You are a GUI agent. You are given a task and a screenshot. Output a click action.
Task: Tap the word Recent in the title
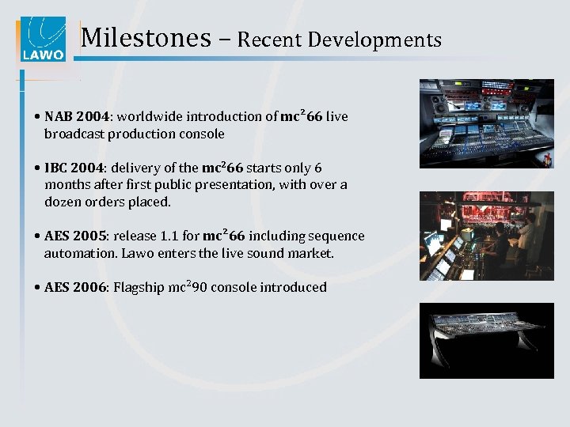click(x=272, y=39)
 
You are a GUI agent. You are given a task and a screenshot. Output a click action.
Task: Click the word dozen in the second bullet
click(x=63, y=202)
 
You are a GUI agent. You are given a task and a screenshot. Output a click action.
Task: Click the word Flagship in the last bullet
click(x=139, y=288)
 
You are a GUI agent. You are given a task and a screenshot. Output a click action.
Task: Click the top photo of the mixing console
click(x=486, y=123)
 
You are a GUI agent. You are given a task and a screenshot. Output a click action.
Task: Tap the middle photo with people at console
click(x=486, y=236)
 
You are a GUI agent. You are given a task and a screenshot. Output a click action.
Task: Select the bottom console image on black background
click(x=486, y=340)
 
